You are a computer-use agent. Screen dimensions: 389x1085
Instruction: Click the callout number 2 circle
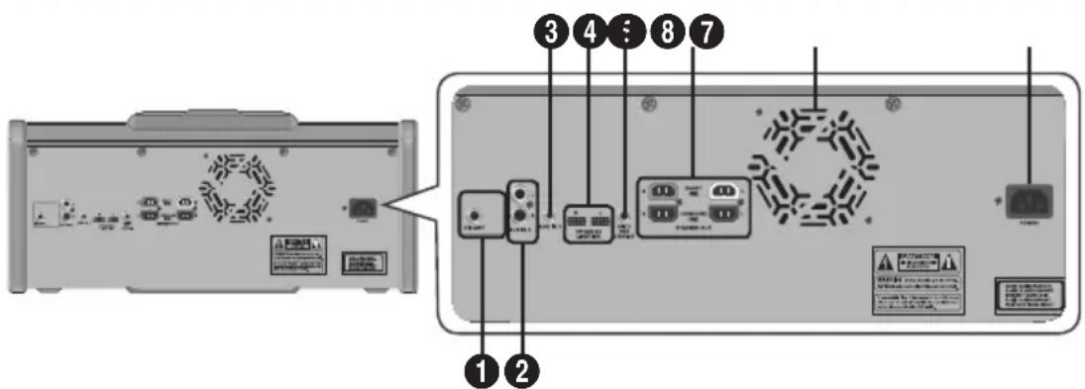click(522, 371)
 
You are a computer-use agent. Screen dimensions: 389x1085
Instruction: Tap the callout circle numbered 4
click(591, 33)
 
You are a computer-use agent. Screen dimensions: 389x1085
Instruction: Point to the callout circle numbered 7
click(708, 33)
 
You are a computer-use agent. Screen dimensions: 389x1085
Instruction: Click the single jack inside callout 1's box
click(474, 214)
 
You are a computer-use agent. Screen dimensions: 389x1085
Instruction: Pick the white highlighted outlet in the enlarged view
click(725, 191)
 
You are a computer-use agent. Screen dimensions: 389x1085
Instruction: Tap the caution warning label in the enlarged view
click(918, 280)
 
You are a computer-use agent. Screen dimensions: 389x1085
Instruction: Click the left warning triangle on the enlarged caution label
click(883, 261)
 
